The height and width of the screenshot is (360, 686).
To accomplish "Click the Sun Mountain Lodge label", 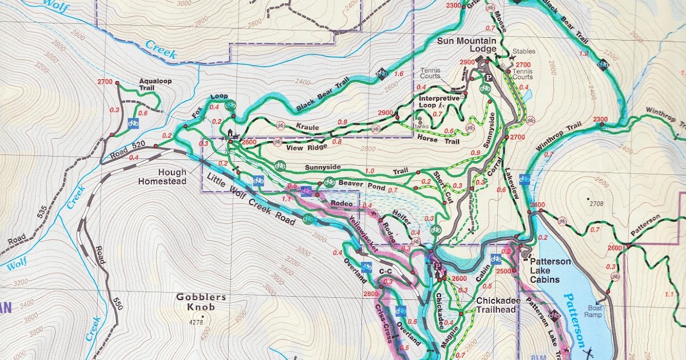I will point(466,45).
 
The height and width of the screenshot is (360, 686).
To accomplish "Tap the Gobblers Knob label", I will point(193,302).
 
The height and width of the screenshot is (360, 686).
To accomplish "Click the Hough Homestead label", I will point(162,177).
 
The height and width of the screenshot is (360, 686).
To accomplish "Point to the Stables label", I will point(524,51).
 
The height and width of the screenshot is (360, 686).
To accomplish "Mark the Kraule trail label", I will point(307,126).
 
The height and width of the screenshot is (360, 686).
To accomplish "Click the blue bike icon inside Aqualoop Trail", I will point(133,122).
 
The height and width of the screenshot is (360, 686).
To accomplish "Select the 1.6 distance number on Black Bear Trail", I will point(398,74).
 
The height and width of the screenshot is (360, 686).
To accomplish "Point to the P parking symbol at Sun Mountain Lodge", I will point(488,77).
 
